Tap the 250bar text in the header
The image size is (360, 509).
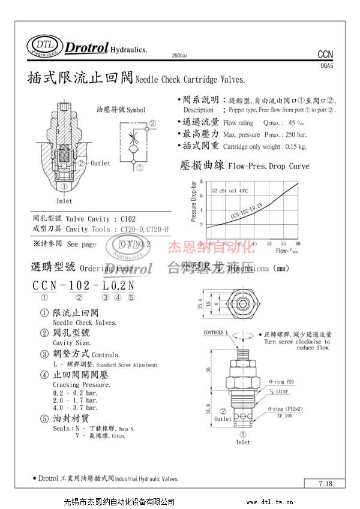pos(179,55)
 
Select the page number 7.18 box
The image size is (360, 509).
pos(325,483)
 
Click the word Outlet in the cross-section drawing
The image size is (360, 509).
pos(101,163)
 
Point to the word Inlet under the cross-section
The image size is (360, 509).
pos(64,201)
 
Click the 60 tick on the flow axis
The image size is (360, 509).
pos(298,243)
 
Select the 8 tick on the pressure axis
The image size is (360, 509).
pos(202,181)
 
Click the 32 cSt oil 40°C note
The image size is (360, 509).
pos(230,191)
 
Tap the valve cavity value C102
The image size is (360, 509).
pos(128,219)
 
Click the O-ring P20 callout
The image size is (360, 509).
pos(281,381)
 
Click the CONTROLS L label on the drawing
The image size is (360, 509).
pos(216,332)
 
